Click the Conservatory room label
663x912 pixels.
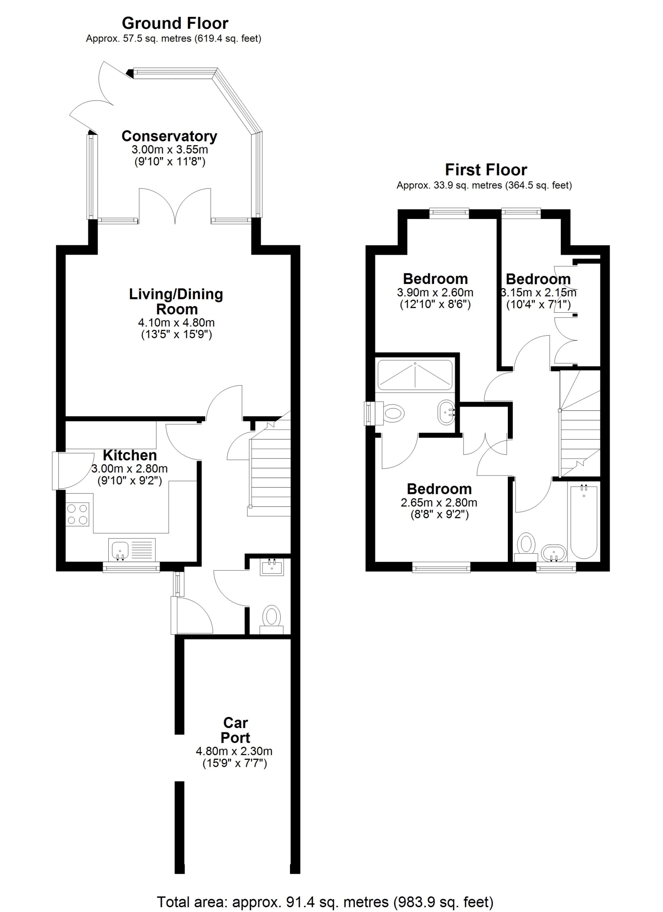169,136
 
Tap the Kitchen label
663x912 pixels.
130,455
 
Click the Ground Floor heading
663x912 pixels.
175,23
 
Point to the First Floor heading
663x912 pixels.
486,170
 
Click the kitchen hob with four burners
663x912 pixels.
77,515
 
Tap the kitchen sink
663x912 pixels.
132,549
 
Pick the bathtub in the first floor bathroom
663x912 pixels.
584,521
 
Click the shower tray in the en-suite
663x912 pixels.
415,375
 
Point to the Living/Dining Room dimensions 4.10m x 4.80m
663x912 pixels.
176,322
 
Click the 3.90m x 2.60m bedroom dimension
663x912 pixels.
435,292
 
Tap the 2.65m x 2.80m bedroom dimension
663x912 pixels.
439,502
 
